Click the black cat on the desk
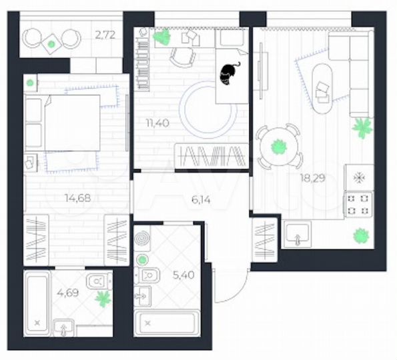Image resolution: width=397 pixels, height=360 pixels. click(229, 73)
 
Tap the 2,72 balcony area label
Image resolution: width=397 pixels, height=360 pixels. click(105, 35)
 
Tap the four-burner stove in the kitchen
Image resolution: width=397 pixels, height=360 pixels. click(358, 204)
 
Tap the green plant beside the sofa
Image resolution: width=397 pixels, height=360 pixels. click(363, 127)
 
